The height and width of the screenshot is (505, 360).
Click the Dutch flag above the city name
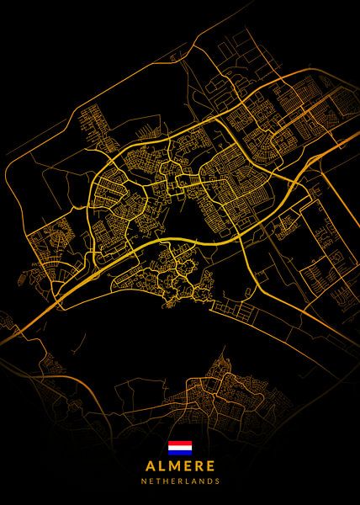[x=180, y=448]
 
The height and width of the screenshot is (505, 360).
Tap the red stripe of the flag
[x=180, y=443]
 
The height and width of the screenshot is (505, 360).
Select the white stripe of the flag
[x=180, y=448]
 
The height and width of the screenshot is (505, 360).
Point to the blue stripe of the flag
[x=180, y=453]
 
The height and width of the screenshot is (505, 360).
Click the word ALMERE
[x=180, y=465]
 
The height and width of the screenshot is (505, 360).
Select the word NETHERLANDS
[x=180, y=481]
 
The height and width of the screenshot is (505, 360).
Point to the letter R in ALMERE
[x=199, y=465]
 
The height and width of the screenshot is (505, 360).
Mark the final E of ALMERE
[x=211, y=465]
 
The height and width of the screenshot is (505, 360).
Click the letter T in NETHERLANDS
[x=156, y=481]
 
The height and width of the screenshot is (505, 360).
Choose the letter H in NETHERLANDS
[x=164, y=481]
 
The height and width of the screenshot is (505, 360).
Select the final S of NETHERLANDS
[x=219, y=481]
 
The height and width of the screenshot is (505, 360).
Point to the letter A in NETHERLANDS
[x=192, y=481]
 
